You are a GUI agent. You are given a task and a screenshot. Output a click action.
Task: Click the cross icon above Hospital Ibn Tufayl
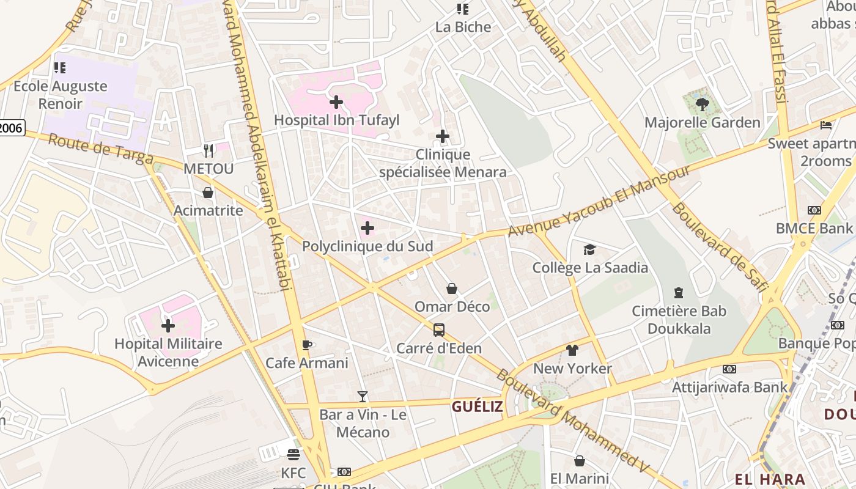click(336, 102)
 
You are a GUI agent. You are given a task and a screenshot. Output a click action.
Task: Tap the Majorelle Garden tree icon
click(702, 105)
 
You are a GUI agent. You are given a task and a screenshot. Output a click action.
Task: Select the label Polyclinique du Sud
click(367, 246)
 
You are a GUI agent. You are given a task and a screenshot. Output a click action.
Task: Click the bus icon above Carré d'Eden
click(439, 330)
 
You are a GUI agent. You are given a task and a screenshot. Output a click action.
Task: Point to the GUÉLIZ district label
click(477, 406)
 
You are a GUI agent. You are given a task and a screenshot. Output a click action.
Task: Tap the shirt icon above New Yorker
click(572, 350)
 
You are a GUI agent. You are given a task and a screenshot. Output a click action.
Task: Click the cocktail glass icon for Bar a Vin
click(363, 397)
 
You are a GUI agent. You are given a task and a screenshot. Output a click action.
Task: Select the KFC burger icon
click(293, 455)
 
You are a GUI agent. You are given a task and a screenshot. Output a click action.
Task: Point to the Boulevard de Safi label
click(718, 247)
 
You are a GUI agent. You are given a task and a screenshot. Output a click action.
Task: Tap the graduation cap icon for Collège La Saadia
click(589, 249)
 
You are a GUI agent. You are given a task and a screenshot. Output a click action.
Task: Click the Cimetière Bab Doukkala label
click(679, 320)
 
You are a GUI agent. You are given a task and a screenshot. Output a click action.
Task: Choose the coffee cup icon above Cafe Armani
click(307, 345)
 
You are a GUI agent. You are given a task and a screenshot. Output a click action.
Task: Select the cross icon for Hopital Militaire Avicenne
click(168, 326)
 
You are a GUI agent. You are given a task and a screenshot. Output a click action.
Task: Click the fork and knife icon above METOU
click(208, 150)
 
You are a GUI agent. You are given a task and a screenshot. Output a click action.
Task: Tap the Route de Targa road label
click(101, 149)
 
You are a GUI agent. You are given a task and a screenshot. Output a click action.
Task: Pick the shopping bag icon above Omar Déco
click(452, 289)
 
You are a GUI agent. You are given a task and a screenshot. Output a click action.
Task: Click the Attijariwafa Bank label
click(730, 387)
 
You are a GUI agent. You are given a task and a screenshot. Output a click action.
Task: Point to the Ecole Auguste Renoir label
click(60, 95)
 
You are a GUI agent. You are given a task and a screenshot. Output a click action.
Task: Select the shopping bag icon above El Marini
click(579, 461)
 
